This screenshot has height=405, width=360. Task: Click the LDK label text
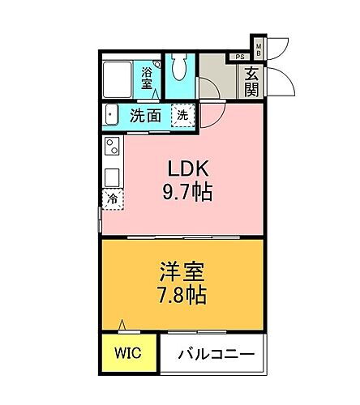(x=189, y=171)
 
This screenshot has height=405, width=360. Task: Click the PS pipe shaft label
(x=240, y=57)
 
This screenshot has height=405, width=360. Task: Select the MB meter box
(x=259, y=49)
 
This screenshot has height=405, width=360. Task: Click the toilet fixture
(x=181, y=69)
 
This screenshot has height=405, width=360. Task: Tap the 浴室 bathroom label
(x=148, y=79)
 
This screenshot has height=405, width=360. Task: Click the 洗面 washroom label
(x=146, y=116)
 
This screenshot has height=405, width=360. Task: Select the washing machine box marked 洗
(x=183, y=115)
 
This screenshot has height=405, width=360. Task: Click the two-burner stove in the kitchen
(x=111, y=147)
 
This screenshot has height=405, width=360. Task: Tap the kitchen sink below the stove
(x=111, y=173)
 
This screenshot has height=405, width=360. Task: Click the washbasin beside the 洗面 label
(x=113, y=116)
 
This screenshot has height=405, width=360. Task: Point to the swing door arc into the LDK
(x=212, y=115)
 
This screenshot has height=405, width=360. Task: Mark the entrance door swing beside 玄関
(x=279, y=79)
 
